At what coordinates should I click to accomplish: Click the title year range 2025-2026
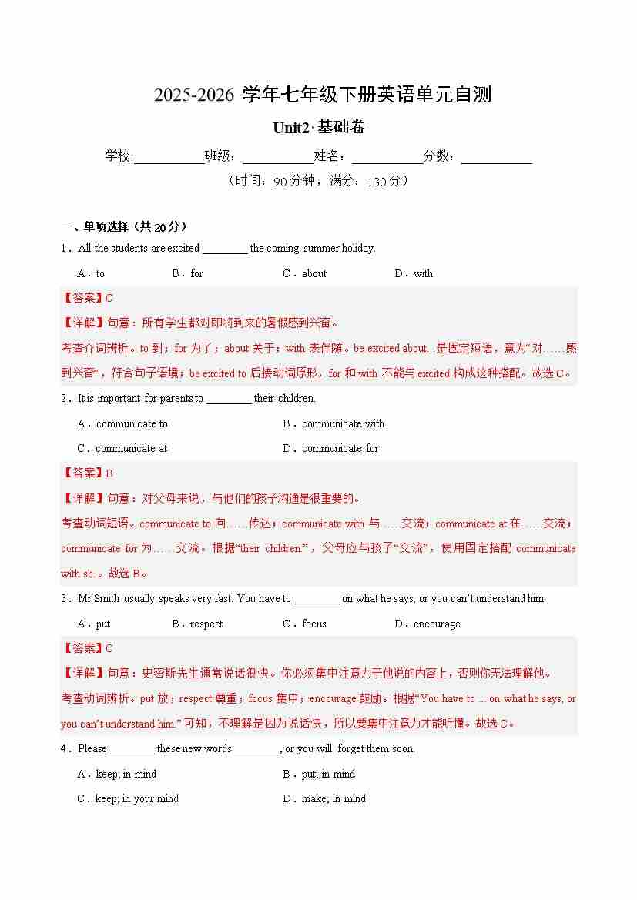194,95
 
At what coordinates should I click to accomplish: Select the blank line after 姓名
387,157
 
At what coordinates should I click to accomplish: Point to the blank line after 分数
497,157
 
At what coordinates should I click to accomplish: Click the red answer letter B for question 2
109,473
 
